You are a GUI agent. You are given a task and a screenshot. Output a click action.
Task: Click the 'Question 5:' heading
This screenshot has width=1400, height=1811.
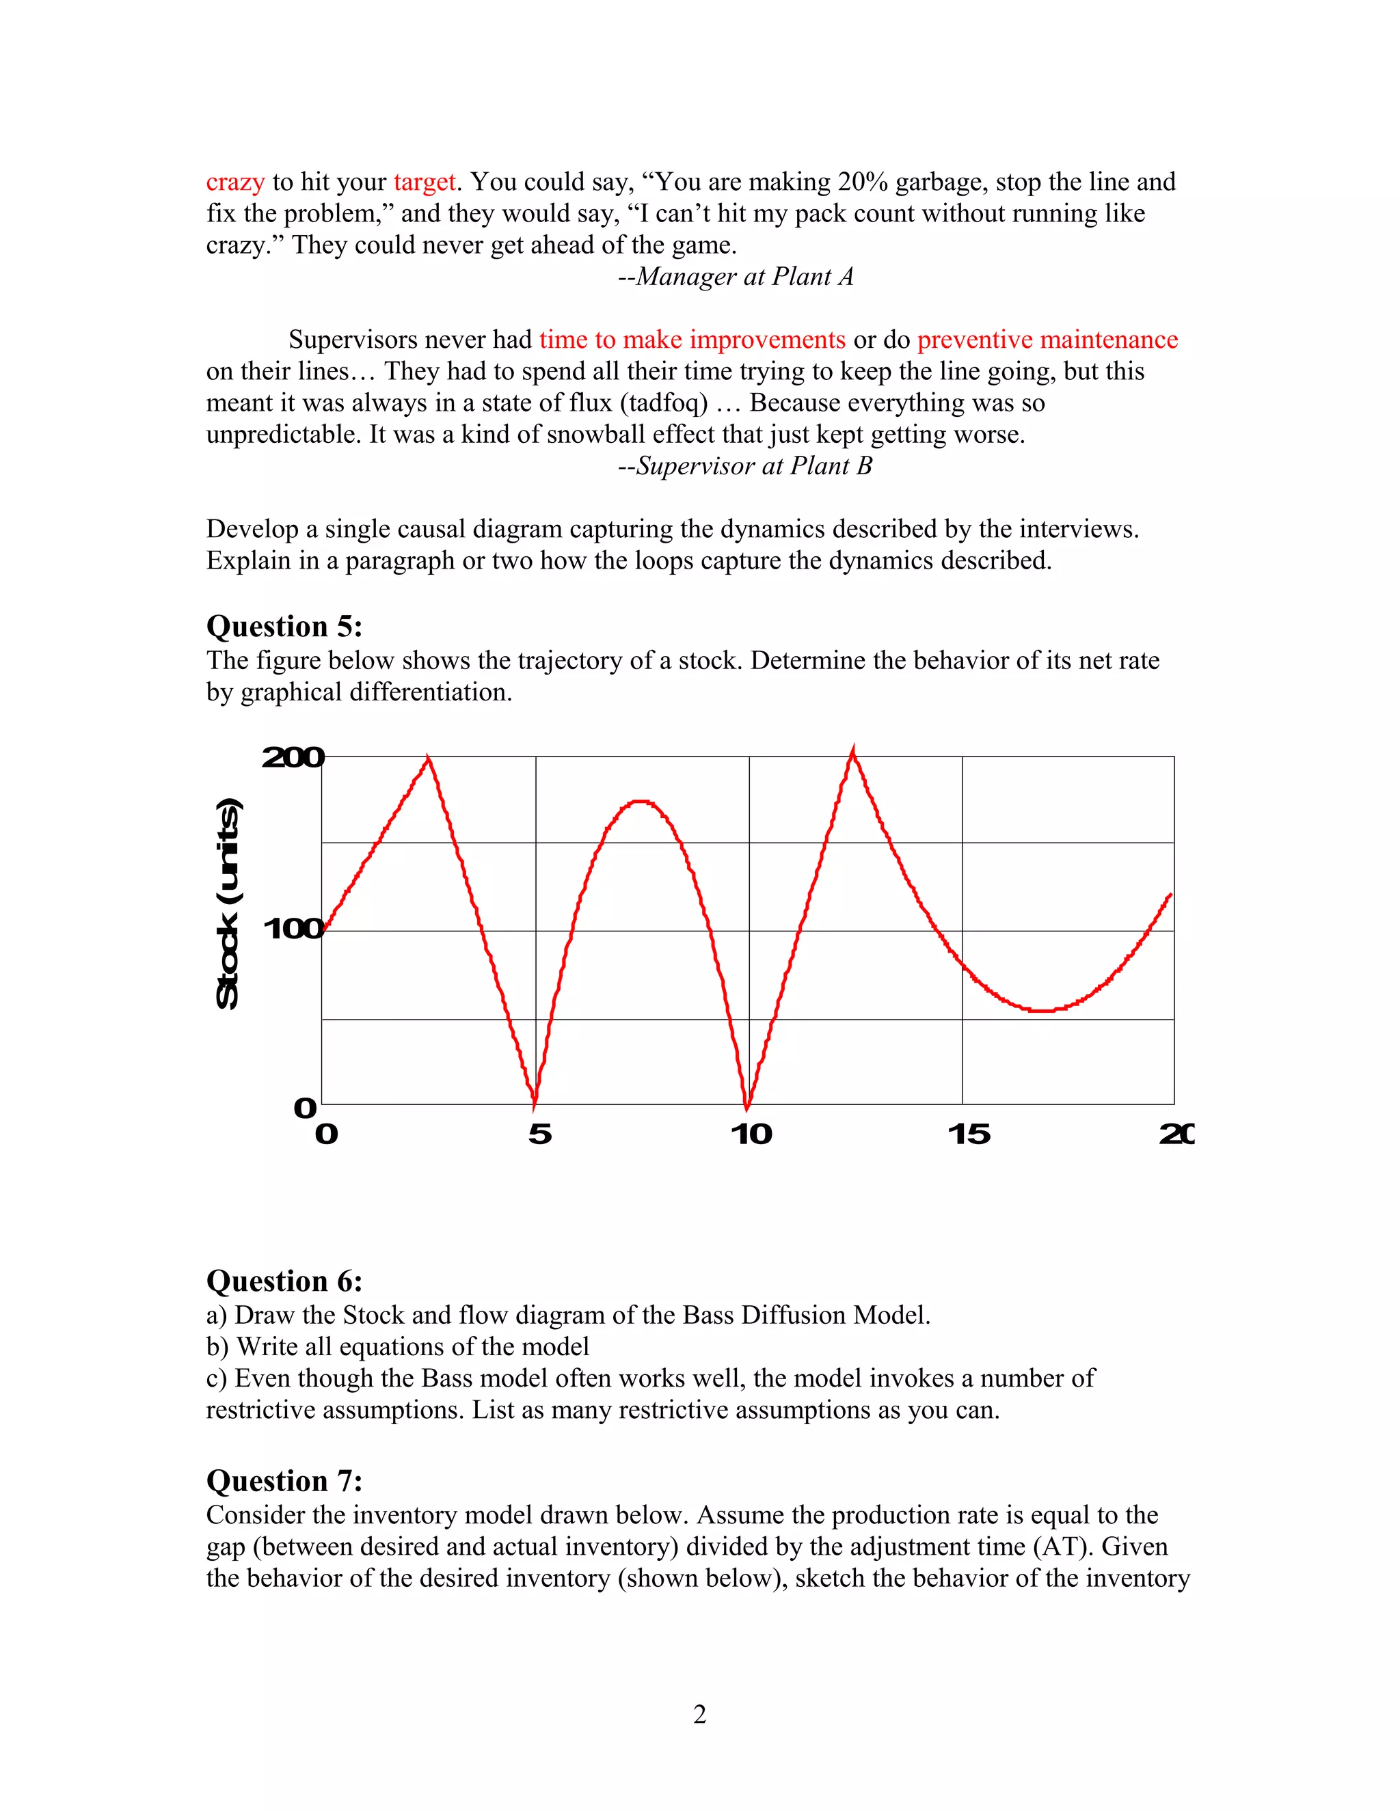[284, 627]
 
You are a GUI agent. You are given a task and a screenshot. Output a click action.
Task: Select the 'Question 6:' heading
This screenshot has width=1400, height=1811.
[284, 1281]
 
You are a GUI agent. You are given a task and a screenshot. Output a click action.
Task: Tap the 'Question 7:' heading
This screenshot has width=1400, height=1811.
[284, 1481]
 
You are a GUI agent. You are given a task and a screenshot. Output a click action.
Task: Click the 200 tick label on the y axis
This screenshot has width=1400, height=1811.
[293, 757]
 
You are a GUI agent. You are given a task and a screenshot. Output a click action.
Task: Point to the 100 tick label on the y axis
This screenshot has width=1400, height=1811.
[293, 929]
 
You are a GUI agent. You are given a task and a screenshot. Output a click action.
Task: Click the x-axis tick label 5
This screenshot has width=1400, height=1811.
[540, 1134]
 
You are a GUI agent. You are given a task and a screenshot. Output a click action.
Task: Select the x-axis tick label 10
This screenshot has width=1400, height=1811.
[751, 1134]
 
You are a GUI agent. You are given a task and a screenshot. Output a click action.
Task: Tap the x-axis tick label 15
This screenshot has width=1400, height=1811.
[969, 1134]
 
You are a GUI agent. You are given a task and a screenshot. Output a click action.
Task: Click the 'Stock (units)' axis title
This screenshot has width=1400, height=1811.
[228, 904]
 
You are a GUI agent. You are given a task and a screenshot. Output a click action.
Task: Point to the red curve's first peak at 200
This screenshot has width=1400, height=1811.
[428, 759]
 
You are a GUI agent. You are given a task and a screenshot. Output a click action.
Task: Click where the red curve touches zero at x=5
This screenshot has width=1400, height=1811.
[534, 1104]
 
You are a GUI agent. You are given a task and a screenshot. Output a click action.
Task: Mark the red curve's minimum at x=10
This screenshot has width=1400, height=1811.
[747, 1104]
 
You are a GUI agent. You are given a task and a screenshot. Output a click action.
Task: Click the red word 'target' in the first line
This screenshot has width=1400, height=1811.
[424, 182]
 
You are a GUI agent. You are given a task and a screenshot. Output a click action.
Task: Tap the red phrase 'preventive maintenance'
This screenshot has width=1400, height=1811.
[1047, 340]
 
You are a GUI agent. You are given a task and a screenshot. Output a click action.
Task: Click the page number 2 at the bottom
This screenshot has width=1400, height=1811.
[699, 1714]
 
